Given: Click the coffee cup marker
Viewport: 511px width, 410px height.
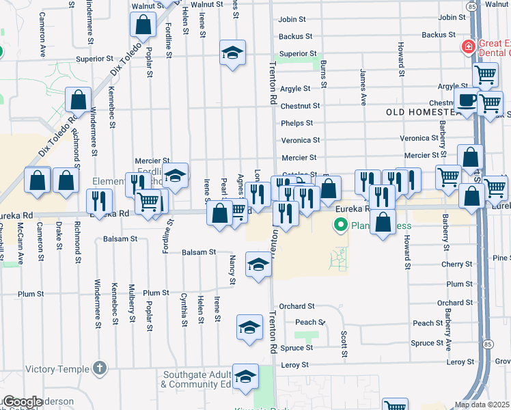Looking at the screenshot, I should pyautogui.click(x=467, y=100).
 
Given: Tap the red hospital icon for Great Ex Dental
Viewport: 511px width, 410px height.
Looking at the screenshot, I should pyautogui.click(x=469, y=47).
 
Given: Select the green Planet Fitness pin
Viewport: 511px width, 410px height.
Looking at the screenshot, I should pyautogui.click(x=339, y=224).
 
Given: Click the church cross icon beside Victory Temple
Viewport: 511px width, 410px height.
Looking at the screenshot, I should pyautogui.click(x=100, y=370).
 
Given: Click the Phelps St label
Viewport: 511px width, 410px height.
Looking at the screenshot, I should pyautogui.click(x=296, y=124).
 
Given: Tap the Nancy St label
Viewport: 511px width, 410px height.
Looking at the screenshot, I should pyautogui.click(x=232, y=271).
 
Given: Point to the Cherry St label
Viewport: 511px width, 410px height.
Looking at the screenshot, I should pyautogui.click(x=457, y=264).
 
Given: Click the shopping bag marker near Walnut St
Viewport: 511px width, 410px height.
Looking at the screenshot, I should pyautogui.click(x=144, y=26).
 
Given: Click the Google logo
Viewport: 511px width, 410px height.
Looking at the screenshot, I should pyautogui.click(x=23, y=402).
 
